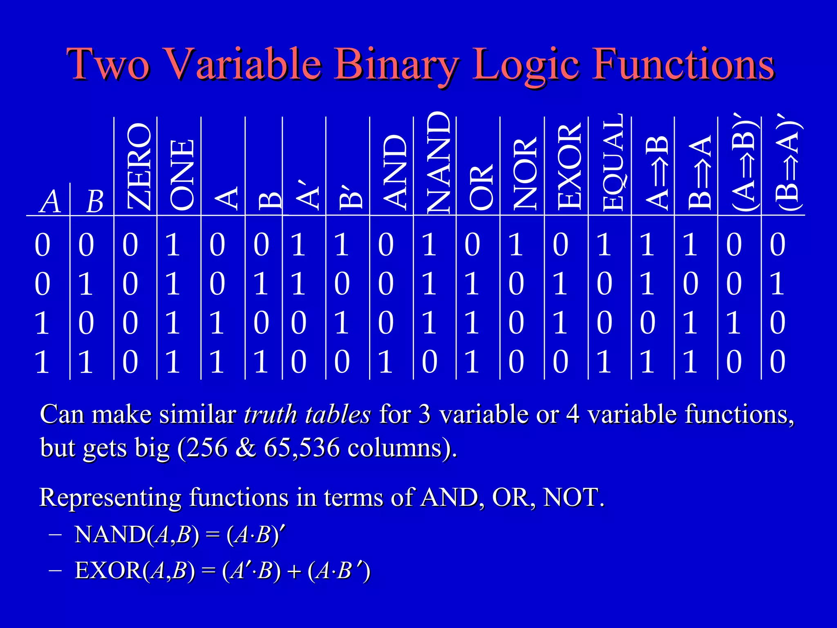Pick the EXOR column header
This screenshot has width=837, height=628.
(569, 166)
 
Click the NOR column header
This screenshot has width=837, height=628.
(525, 173)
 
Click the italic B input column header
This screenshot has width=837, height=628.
(95, 202)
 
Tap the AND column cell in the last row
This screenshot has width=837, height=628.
(385, 362)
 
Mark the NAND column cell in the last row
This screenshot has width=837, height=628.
(429, 362)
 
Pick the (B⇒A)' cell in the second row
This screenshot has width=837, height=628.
(777, 284)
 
